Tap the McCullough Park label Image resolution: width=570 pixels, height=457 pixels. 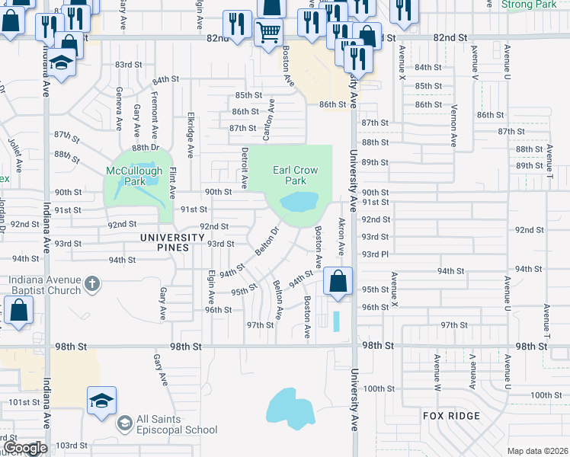(x=134, y=177)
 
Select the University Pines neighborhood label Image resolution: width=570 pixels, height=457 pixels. (x=173, y=238)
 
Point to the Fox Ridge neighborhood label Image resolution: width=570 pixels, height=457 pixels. (x=452, y=415)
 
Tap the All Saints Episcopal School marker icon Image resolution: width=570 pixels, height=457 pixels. (x=123, y=422)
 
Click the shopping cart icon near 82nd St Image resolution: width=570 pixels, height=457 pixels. (x=267, y=33)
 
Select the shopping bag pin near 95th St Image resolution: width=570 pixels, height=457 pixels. (x=338, y=281)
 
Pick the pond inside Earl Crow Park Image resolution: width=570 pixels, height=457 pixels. (x=298, y=202)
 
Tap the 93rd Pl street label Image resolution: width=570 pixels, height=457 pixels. (x=375, y=254)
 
